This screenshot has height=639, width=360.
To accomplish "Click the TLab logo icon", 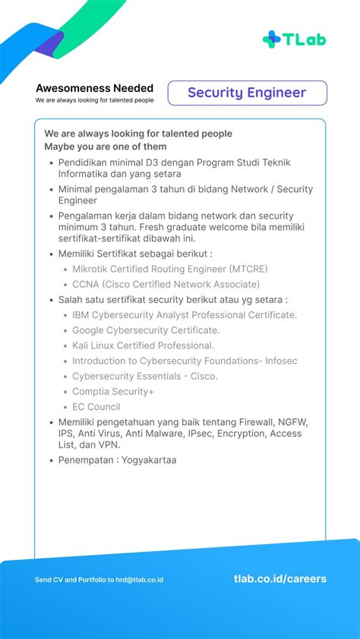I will [272, 39].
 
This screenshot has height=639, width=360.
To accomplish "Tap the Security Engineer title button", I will [247, 93].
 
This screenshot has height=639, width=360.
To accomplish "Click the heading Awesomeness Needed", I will [94, 88].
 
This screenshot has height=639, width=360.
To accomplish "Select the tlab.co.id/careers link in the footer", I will [280, 579].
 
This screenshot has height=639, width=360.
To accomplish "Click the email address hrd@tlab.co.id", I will [139, 580].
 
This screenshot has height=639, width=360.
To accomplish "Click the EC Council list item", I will [96, 407].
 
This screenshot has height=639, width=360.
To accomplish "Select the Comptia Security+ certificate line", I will [112, 392].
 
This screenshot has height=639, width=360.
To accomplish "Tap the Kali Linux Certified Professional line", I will [143, 345].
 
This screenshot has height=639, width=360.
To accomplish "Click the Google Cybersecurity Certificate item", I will [146, 330].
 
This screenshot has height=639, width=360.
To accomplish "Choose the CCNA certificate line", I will [166, 284].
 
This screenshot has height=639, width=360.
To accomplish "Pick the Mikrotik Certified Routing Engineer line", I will [169, 269].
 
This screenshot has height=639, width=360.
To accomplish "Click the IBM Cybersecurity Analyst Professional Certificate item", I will [185, 315].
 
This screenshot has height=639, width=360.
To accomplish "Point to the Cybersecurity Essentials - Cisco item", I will [144, 376].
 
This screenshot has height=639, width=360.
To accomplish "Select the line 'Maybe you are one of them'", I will [105, 146].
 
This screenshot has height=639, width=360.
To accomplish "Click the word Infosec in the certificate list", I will [280, 360].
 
